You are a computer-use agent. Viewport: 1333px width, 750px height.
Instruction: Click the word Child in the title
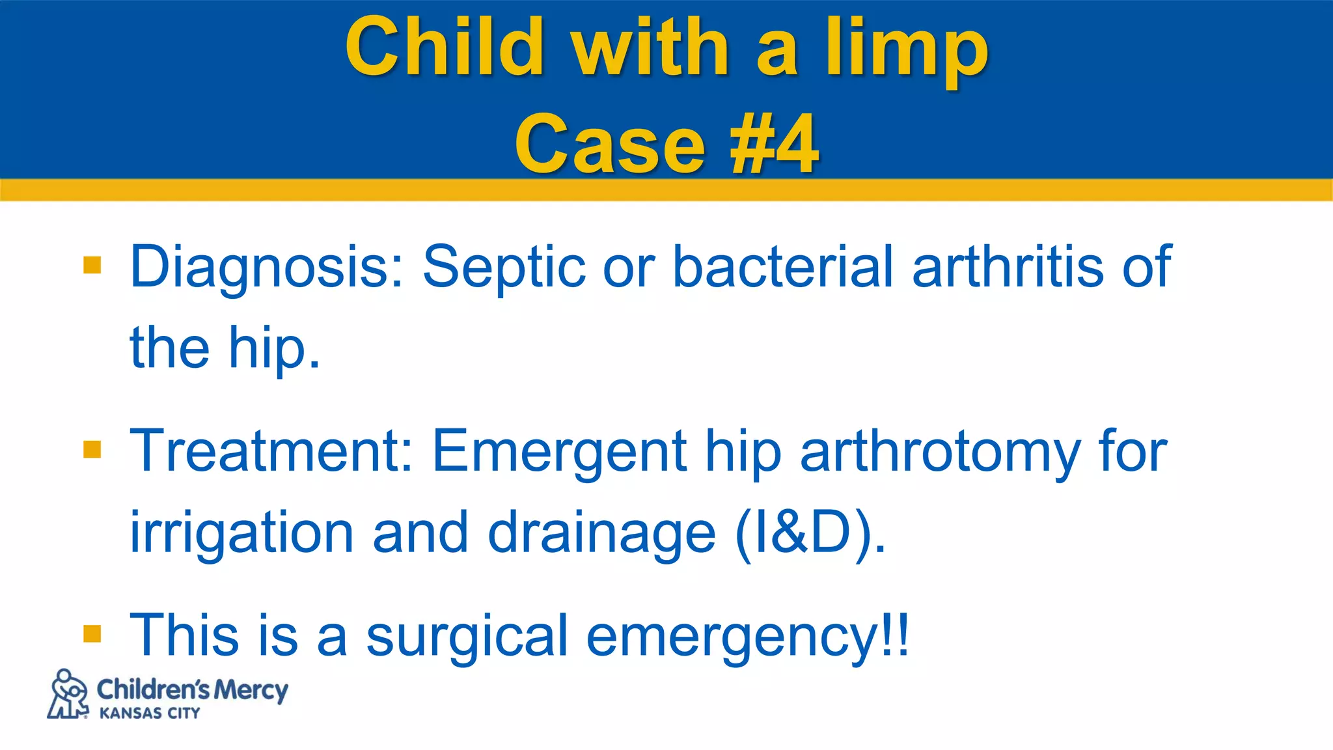[x=445, y=47]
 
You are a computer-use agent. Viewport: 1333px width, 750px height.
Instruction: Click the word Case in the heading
[x=609, y=145]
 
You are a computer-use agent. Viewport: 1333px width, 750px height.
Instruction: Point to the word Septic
[x=504, y=268]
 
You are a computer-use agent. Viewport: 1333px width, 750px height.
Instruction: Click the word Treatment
[x=271, y=451]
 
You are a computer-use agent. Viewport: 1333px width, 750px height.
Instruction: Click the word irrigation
[x=241, y=533]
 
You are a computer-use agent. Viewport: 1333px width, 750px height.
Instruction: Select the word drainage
[x=601, y=533]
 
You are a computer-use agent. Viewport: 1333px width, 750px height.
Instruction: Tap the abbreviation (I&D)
[x=810, y=532]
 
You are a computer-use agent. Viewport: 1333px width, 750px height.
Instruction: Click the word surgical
[x=467, y=635]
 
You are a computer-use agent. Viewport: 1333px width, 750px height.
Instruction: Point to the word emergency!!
[x=747, y=637]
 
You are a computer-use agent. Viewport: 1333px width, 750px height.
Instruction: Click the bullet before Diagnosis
[x=92, y=265]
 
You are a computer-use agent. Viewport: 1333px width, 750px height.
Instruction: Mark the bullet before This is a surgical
[x=92, y=633]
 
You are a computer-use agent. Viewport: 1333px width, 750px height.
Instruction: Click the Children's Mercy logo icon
[x=68, y=694]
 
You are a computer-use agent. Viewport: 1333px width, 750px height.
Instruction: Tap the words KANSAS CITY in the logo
[x=150, y=714]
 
